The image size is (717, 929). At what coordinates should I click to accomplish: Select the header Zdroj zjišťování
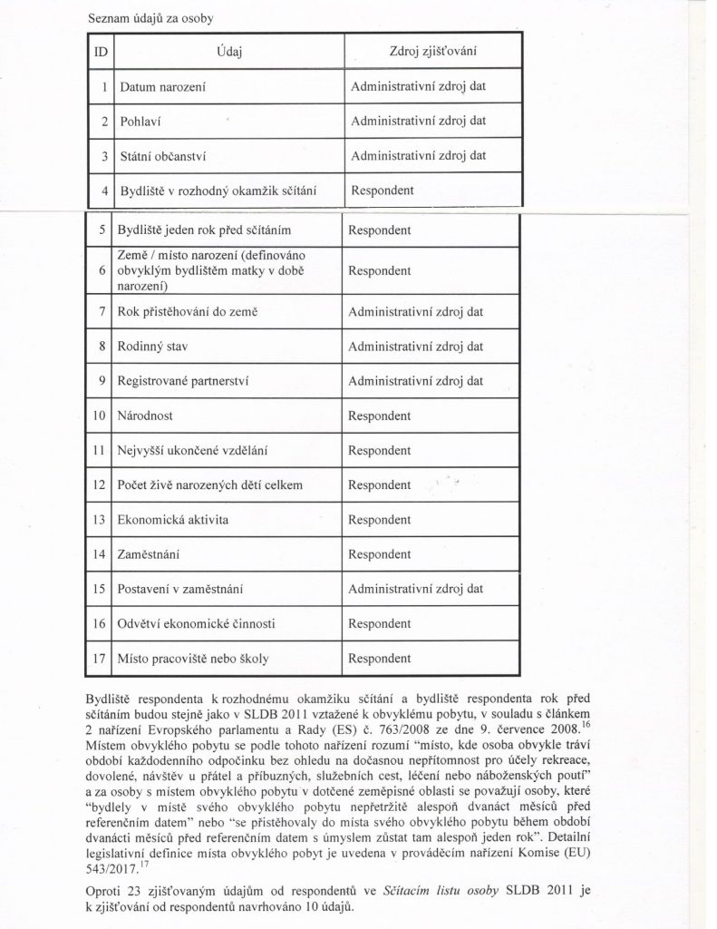point(431,52)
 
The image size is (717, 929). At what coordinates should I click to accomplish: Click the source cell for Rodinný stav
point(419,346)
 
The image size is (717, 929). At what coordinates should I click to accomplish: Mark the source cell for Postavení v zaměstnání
point(419,590)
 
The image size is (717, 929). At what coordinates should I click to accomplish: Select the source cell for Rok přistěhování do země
point(419,311)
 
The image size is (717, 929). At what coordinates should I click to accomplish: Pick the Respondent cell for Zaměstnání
point(381,554)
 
